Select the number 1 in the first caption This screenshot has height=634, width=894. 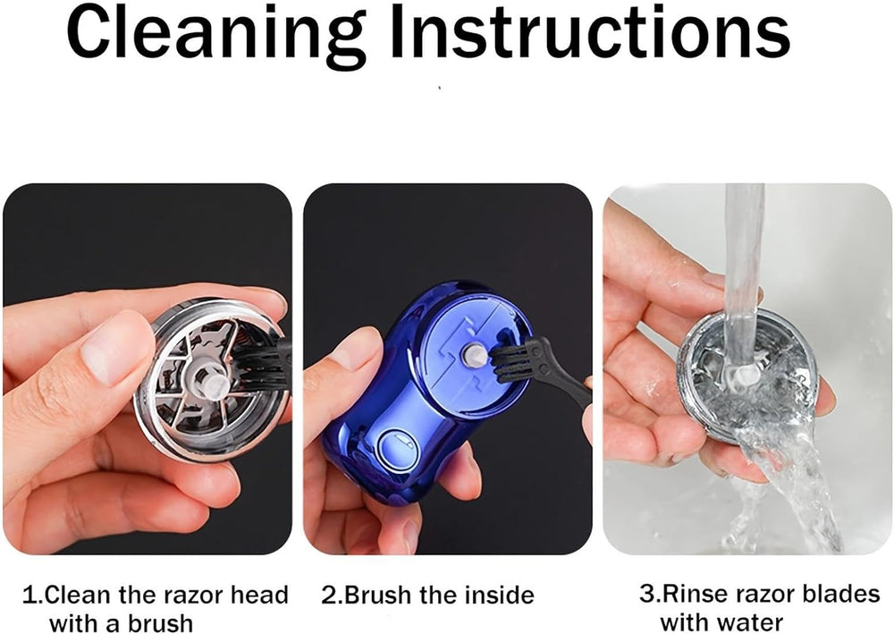pos(29,596)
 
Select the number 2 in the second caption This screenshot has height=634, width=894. pos(328,596)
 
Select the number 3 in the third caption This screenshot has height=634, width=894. pos(645,594)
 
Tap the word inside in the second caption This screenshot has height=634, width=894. pos(491,596)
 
